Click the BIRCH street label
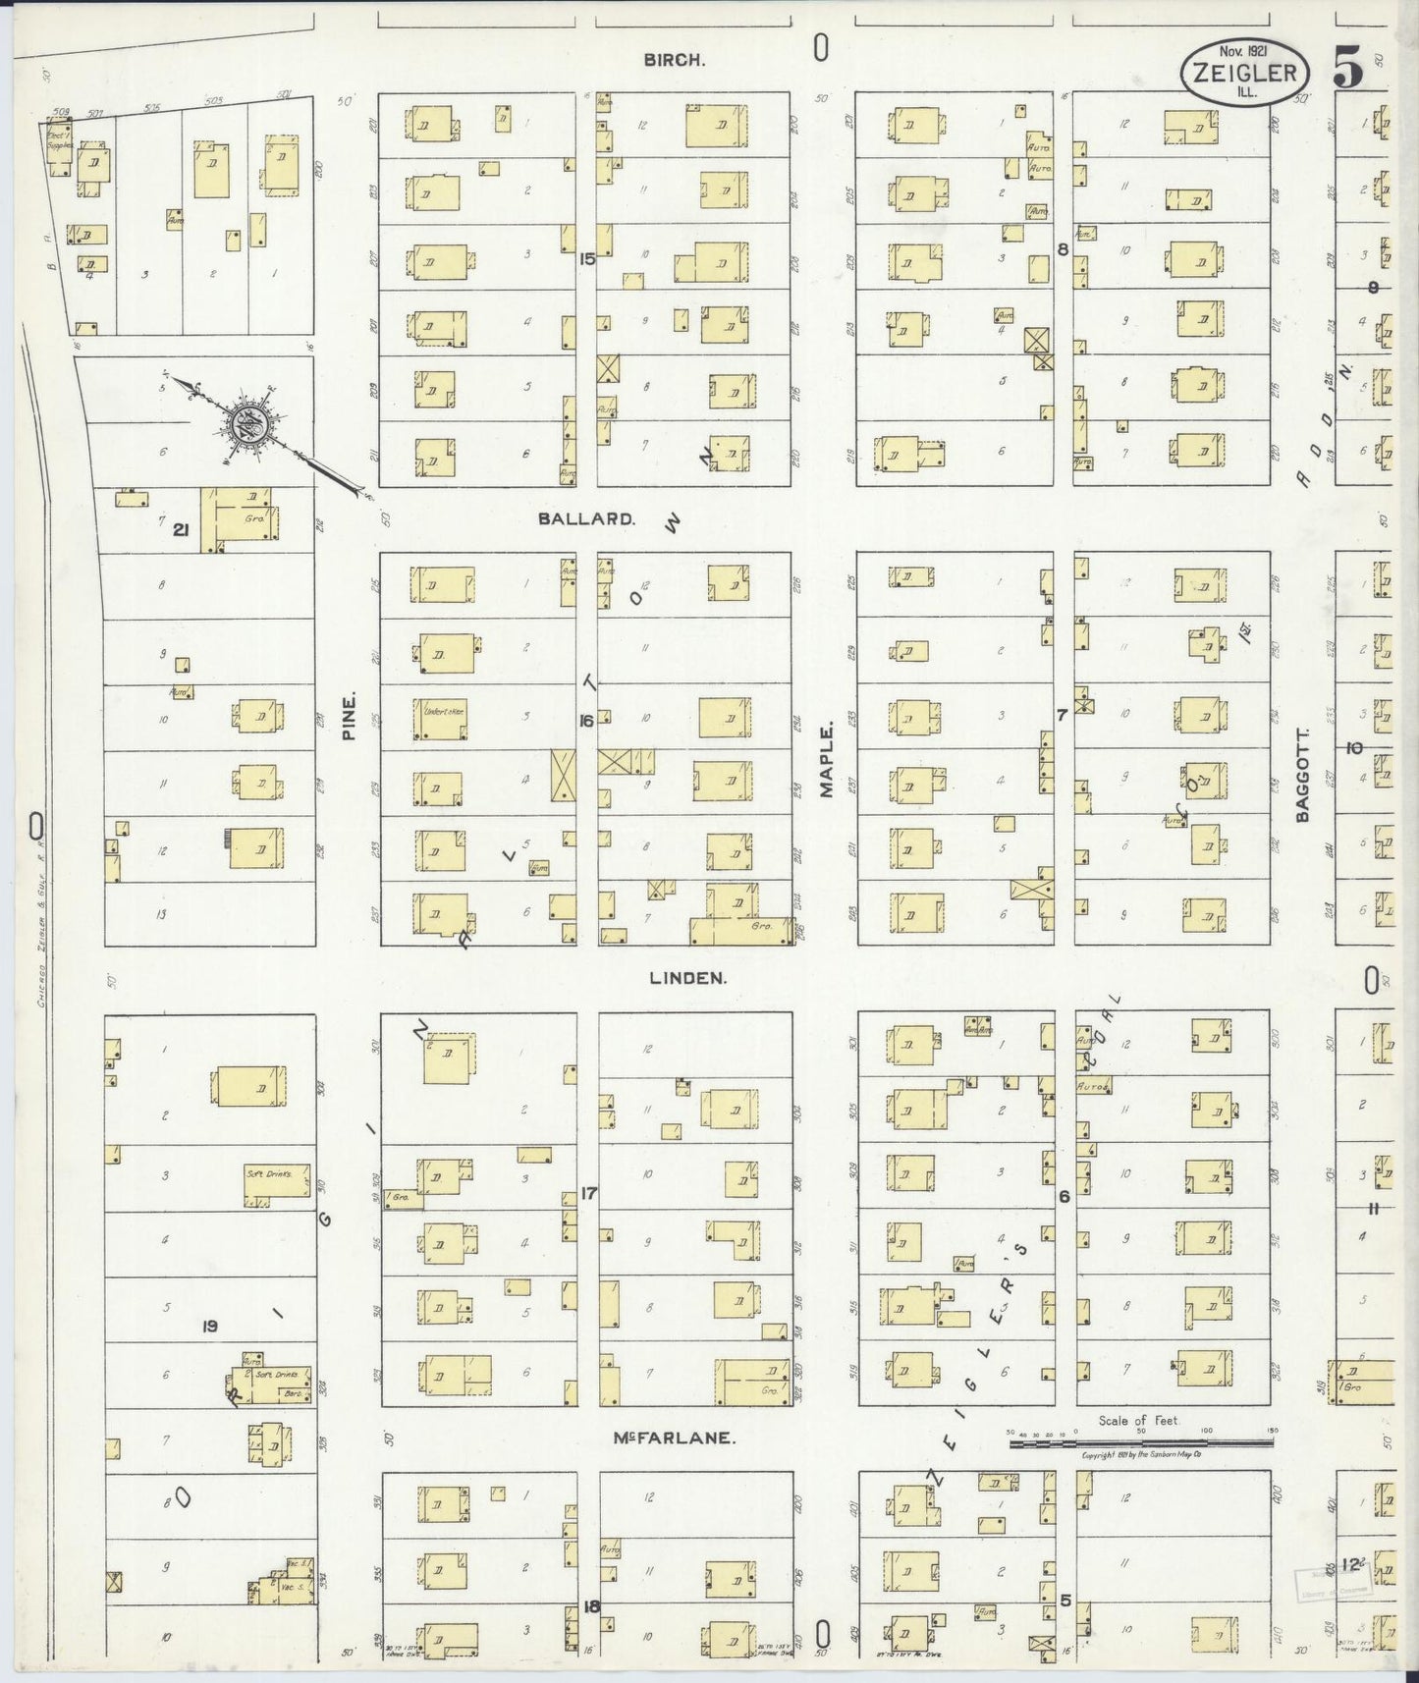pyautogui.click(x=674, y=60)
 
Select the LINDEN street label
pyautogui.click(x=687, y=978)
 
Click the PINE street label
pyautogui.click(x=350, y=715)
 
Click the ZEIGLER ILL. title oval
pyautogui.click(x=1244, y=73)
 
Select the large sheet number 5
pyautogui.click(x=1349, y=70)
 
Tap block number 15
pyautogui.click(x=587, y=259)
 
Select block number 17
pyautogui.click(x=588, y=1193)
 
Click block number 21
pyautogui.click(x=181, y=530)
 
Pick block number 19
pyautogui.click(x=208, y=1327)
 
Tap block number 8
pyautogui.click(x=1063, y=249)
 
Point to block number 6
pyautogui.click(x=1064, y=1197)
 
